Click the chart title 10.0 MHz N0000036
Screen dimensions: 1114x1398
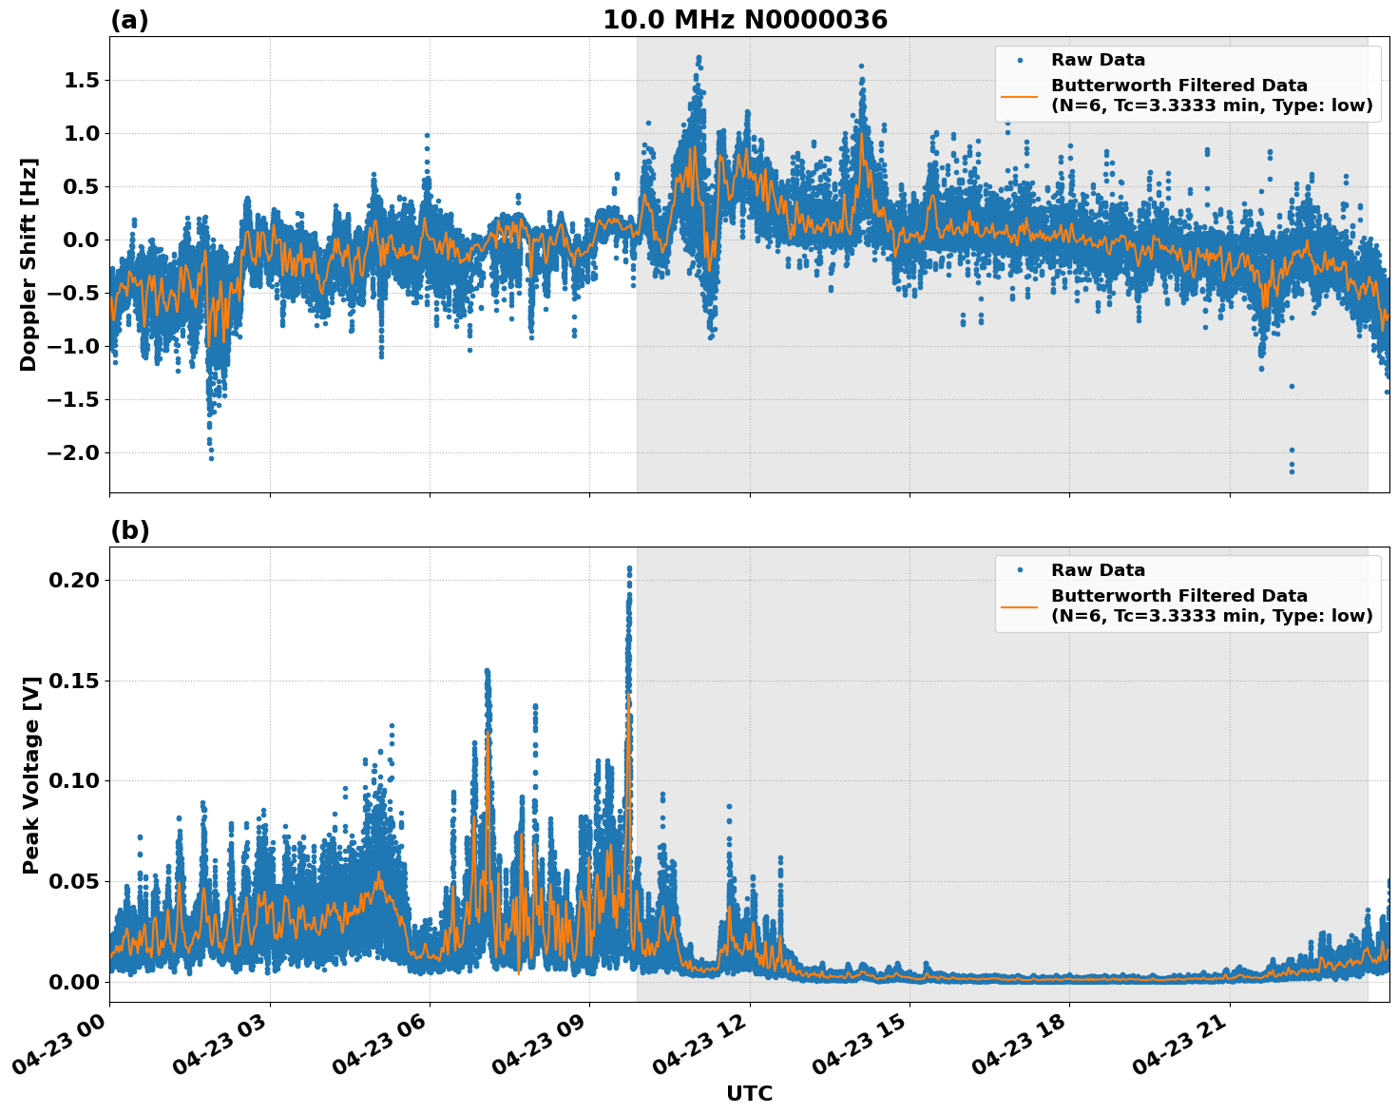coord(744,20)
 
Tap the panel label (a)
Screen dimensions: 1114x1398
coord(129,20)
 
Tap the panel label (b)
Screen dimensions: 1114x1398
coord(129,530)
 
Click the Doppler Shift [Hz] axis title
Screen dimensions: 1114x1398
coord(29,264)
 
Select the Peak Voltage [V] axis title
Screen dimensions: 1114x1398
coord(30,775)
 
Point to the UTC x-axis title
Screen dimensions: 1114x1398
coord(749,1093)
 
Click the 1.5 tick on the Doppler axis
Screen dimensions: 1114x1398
coord(81,80)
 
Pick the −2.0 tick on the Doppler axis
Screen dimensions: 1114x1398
coord(74,452)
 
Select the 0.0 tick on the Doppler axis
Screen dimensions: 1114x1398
coord(81,240)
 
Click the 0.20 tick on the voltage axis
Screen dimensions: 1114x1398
coord(77,580)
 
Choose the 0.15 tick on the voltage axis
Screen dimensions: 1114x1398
coord(77,681)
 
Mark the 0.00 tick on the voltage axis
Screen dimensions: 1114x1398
coord(77,982)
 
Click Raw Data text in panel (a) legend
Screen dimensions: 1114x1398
coord(1098,61)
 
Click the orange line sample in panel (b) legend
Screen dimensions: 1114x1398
coord(1020,606)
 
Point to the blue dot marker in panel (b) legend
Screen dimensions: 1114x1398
coord(1020,570)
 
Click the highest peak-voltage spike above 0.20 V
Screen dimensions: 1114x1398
coord(629,567)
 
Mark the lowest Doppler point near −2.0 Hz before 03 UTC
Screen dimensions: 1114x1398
coord(211,458)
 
